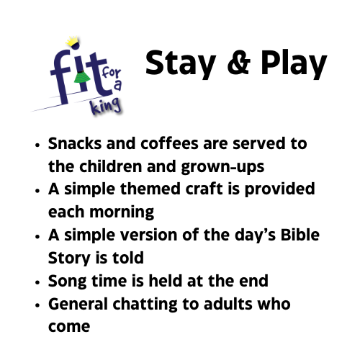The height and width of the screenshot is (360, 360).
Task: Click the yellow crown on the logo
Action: click(72, 42)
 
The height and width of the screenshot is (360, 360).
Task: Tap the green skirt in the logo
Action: click(82, 77)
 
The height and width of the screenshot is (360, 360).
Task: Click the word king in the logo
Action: click(105, 107)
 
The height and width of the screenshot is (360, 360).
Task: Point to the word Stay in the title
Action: click(181, 63)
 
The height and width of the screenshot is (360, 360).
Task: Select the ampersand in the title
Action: click(239, 63)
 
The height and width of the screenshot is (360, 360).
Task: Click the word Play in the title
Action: click(294, 63)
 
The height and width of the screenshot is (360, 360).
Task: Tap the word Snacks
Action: click(75, 143)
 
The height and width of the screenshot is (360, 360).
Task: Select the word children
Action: click(111, 166)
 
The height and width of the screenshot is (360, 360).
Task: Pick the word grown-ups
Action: click(222, 167)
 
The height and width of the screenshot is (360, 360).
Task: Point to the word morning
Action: click(122, 213)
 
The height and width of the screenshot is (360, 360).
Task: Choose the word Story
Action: click(70, 258)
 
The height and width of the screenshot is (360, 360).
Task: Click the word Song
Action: click(67, 282)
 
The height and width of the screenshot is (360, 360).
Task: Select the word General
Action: click(78, 304)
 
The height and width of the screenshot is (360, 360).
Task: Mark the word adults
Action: click(228, 304)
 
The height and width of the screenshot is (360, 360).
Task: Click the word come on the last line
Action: click(69, 327)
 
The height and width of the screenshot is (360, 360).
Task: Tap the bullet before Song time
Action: click(37, 282)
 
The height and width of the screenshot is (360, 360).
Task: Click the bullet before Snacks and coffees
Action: click(37, 145)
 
